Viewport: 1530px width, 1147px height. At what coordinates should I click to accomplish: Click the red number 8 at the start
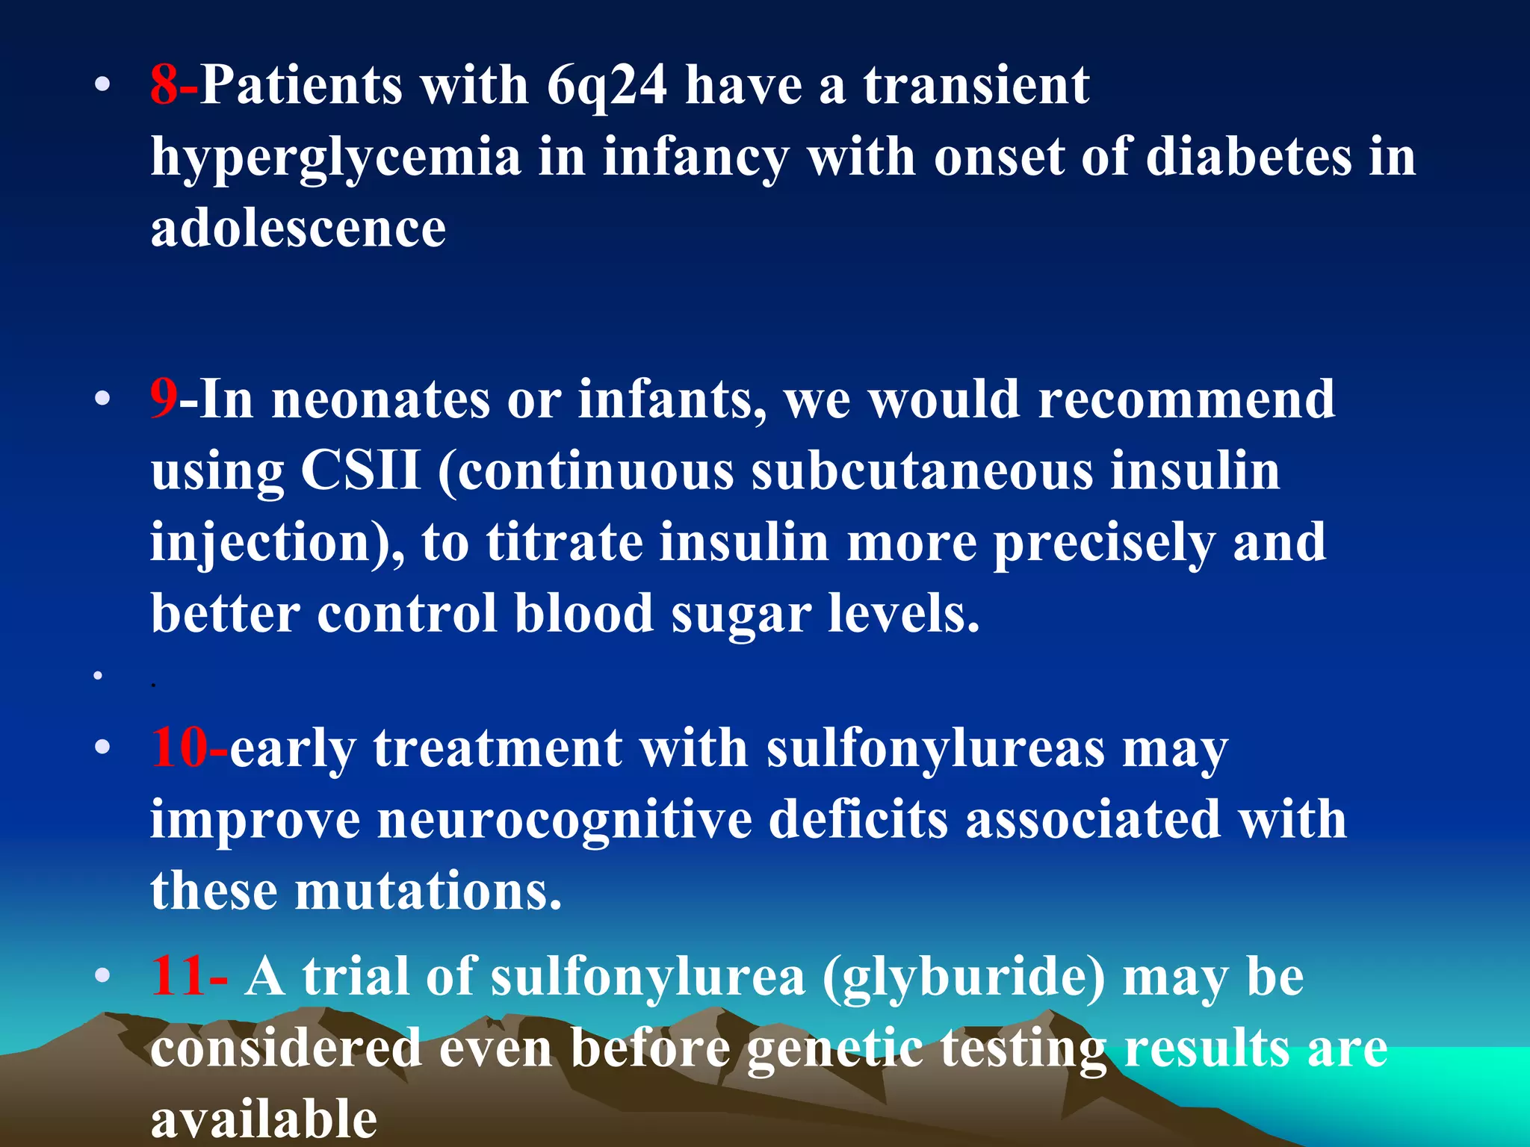[164, 84]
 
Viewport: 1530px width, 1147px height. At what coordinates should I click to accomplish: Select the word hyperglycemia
[335, 158]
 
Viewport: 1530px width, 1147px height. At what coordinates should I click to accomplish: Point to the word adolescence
[298, 228]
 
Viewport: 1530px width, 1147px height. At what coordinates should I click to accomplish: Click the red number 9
[164, 399]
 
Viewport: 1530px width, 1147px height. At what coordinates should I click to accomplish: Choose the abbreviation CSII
[361, 470]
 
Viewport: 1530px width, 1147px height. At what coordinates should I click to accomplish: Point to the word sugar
[740, 615]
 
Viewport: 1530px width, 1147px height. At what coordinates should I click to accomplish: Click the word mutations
[428, 891]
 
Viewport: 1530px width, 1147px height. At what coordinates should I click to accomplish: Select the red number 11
[179, 977]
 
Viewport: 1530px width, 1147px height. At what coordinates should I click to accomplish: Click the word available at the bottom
[264, 1119]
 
